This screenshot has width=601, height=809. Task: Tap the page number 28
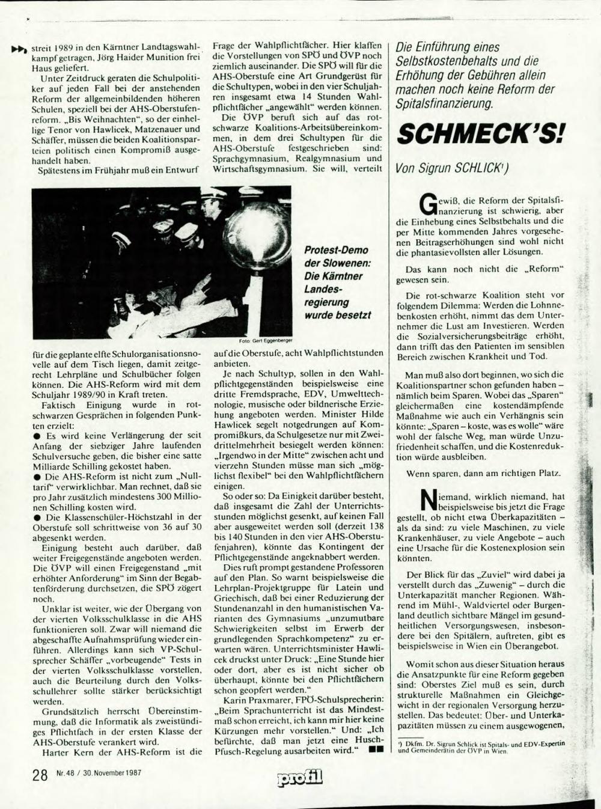coord(40,775)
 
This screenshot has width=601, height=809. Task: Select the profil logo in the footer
coord(300,778)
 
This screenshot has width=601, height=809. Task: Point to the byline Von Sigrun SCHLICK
coord(451,169)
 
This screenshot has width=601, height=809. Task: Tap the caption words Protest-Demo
coord(336,250)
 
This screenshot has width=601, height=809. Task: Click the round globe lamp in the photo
coord(257,234)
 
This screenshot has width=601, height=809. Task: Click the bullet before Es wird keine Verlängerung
coord(37,436)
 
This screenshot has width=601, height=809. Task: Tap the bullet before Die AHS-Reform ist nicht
coord(37,477)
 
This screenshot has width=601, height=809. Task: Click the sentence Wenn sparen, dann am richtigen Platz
coord(484,473)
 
